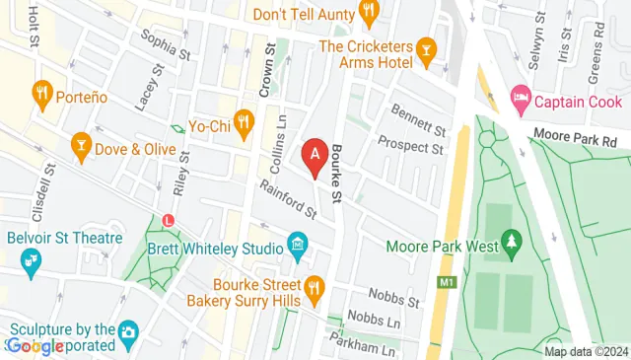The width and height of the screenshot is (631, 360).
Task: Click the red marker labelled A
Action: pos(315,156)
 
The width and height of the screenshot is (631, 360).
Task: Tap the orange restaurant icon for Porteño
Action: pos(41,95)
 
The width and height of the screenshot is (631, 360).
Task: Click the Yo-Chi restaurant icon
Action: pos(244,124)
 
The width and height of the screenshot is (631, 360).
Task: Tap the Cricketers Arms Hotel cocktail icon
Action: pos(426,48)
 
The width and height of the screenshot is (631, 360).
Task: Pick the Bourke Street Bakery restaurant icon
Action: pos(314,287)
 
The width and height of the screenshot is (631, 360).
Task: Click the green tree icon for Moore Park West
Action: pos(511,241)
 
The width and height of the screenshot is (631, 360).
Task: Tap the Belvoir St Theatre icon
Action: pos(31,260)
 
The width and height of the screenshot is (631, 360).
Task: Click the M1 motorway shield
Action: pos(448,283)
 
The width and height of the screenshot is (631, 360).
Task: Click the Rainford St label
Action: pos(288,198)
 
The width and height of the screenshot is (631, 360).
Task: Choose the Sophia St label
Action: pos(165,43)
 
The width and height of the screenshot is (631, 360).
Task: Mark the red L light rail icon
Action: pos(170,219)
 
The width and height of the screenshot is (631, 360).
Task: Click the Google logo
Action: pos(35,345)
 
